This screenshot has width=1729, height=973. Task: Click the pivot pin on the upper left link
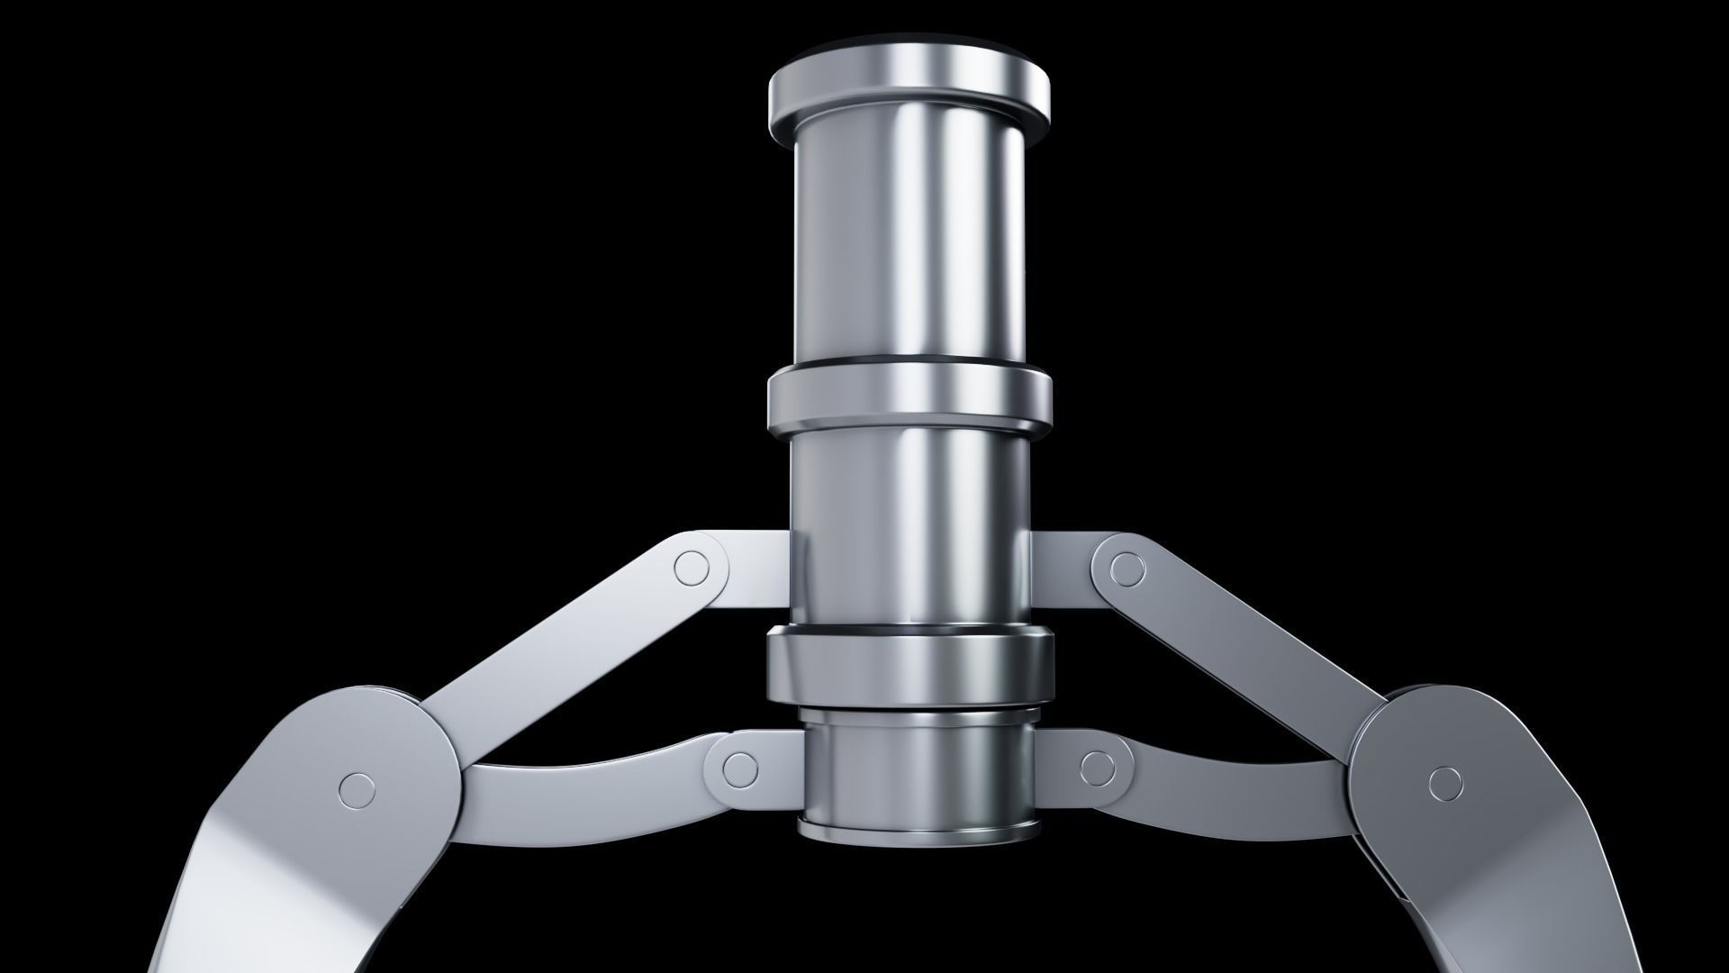(692, 567)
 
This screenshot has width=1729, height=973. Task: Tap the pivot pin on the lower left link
(739, 768)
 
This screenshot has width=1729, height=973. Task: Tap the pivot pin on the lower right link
(1097, 768)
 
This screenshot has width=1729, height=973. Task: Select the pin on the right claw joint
(1445, 782)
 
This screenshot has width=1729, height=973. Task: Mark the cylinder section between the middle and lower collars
(910, 532)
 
